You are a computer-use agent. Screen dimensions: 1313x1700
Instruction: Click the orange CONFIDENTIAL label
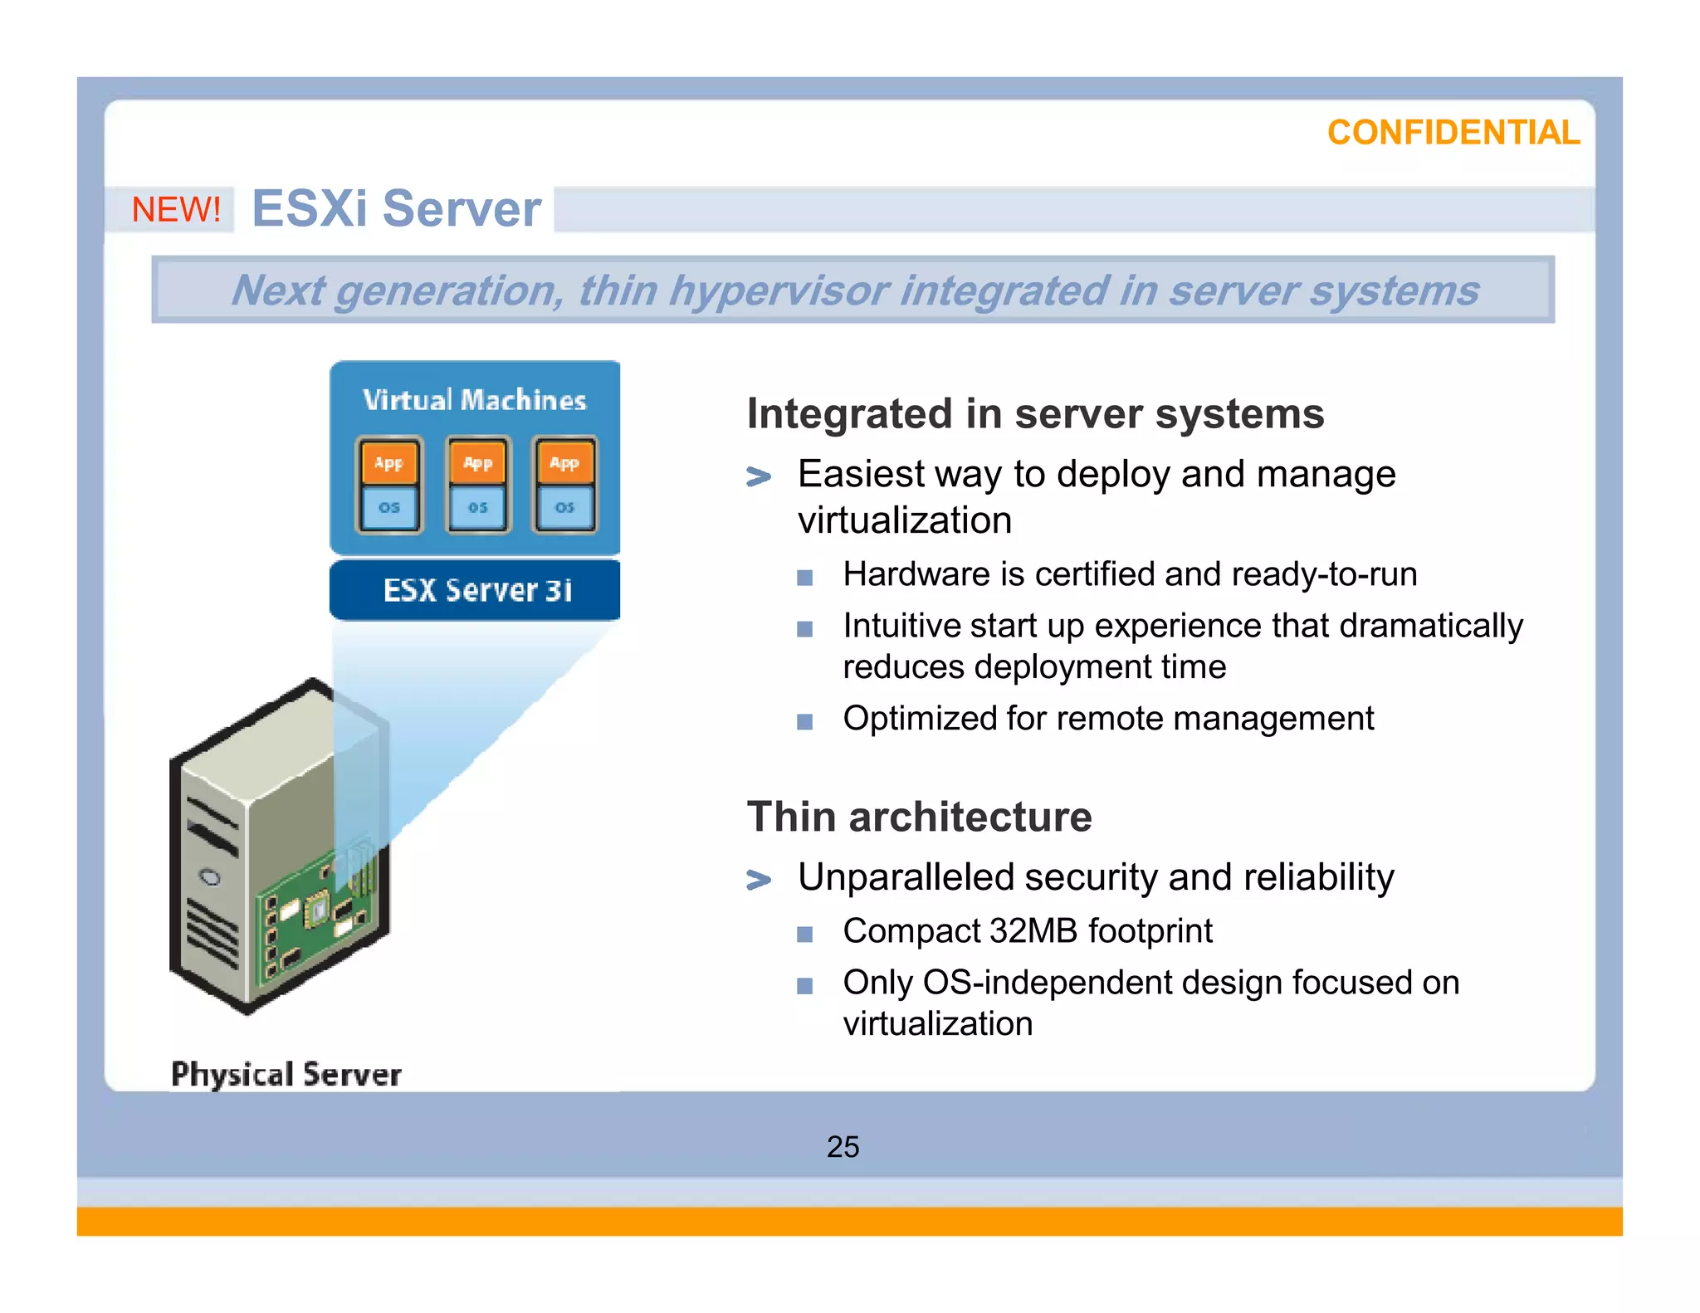point(1453,133)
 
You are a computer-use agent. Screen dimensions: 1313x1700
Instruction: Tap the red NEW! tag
point(176,209)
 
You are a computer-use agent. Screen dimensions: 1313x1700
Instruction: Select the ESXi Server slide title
point(396,208)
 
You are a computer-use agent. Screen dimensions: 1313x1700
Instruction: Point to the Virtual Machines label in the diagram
point(474,400)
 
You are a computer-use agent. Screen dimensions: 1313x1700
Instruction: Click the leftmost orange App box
point(388,463)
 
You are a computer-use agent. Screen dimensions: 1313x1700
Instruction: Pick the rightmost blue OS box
point(564,507)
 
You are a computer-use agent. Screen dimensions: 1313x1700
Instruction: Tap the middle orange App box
point(477,463)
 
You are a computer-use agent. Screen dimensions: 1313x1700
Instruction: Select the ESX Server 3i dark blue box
point(475,590)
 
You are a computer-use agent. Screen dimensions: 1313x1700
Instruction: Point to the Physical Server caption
point(286,1074)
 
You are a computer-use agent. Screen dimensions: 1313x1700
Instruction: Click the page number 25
point(843,1147)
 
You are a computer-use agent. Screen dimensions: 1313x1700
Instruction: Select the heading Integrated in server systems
point(1034,413)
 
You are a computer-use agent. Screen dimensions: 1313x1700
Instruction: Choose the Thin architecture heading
point(919,817)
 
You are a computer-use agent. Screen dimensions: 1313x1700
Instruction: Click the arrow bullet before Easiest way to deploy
point(758,476)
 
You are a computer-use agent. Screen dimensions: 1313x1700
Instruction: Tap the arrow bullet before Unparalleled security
point(758,879)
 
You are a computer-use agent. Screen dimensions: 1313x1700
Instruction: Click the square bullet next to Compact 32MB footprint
point(804,935)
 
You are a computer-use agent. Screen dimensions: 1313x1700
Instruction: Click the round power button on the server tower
point(211,877)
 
